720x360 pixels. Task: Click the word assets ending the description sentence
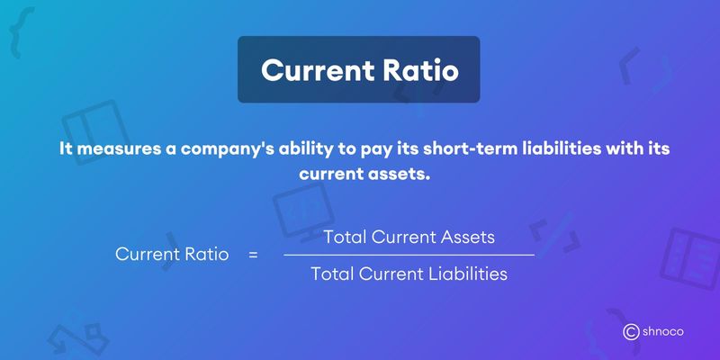(x=398, y=172)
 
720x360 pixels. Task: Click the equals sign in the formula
(x=253, y=256)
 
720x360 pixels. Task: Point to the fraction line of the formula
(x=409, y=256)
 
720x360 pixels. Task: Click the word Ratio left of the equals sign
(x=205, y=256)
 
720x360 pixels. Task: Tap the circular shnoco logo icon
(x=631, y=332)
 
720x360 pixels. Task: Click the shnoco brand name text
(x=664, y=332)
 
